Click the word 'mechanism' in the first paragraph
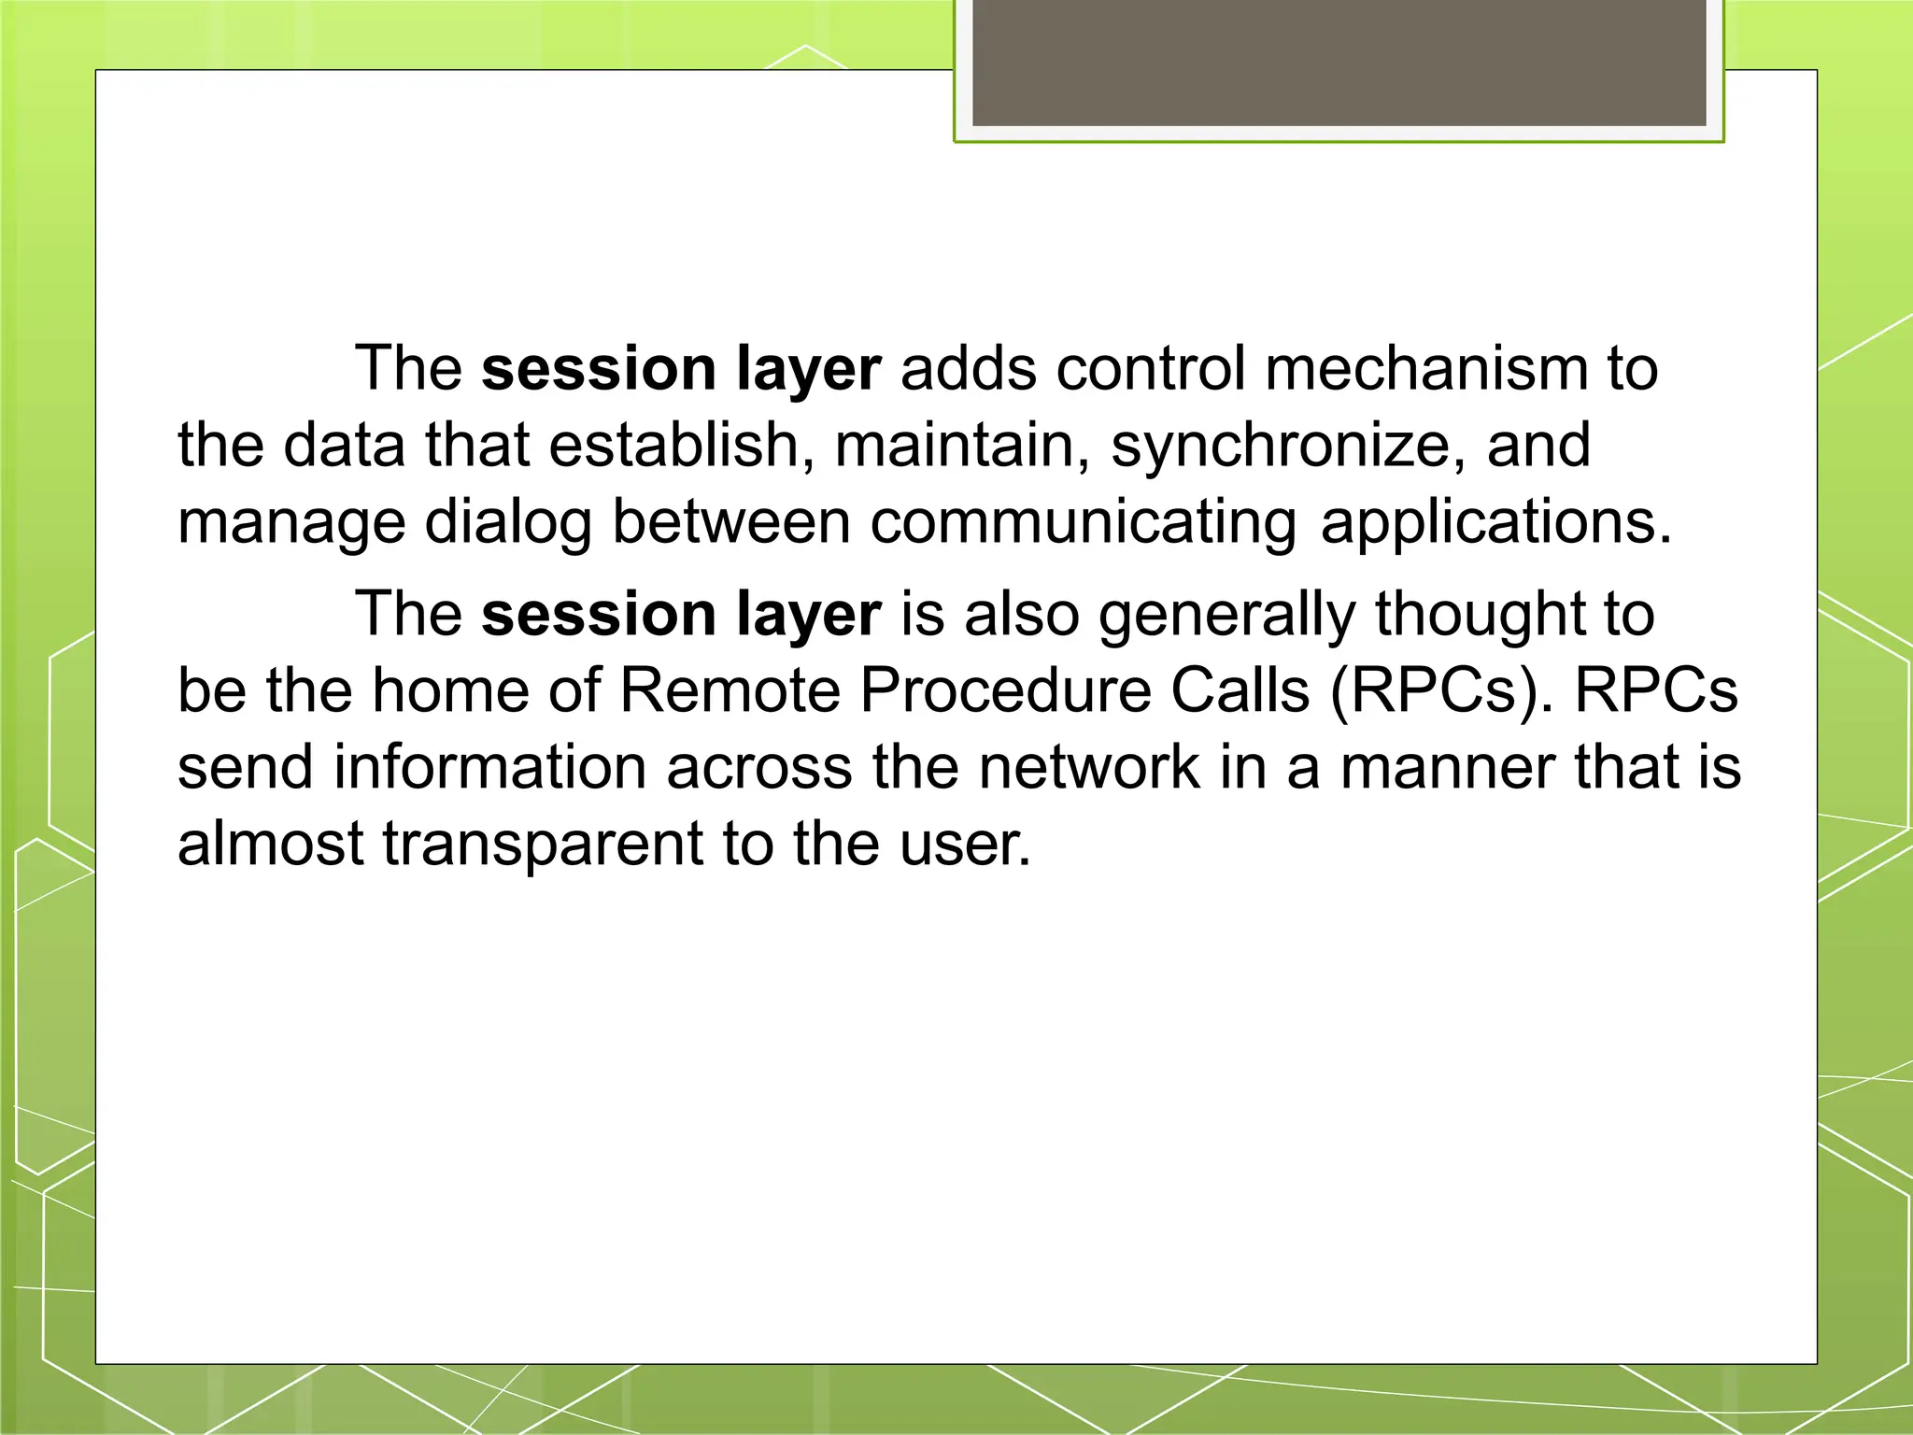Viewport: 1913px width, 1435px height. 1425,368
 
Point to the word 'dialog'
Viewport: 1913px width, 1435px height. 508,522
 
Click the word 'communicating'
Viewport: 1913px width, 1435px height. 1083,522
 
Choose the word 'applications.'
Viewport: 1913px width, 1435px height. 1495,522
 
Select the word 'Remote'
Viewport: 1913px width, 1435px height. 729,691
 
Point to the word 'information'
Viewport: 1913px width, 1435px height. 489,768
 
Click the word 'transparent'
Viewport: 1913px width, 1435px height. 543,844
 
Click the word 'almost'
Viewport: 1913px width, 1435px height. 270,844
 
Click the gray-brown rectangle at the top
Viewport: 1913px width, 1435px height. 1339,62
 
